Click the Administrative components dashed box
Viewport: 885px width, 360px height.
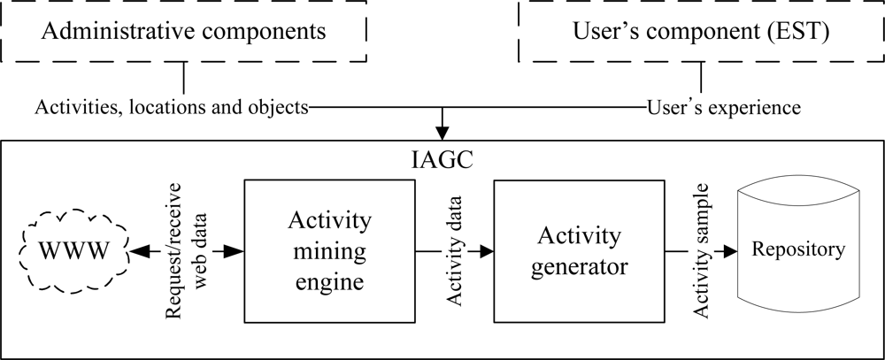point(184,33)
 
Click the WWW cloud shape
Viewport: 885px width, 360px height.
point(74,251)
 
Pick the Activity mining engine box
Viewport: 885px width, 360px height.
point(330,251)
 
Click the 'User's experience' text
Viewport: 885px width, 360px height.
point(724,108)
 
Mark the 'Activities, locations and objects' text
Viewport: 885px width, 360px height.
point(172,108)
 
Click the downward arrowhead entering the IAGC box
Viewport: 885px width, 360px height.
point(442,133)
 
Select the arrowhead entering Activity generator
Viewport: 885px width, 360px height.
point(486,251)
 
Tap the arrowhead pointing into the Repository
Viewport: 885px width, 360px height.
point(730,251)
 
